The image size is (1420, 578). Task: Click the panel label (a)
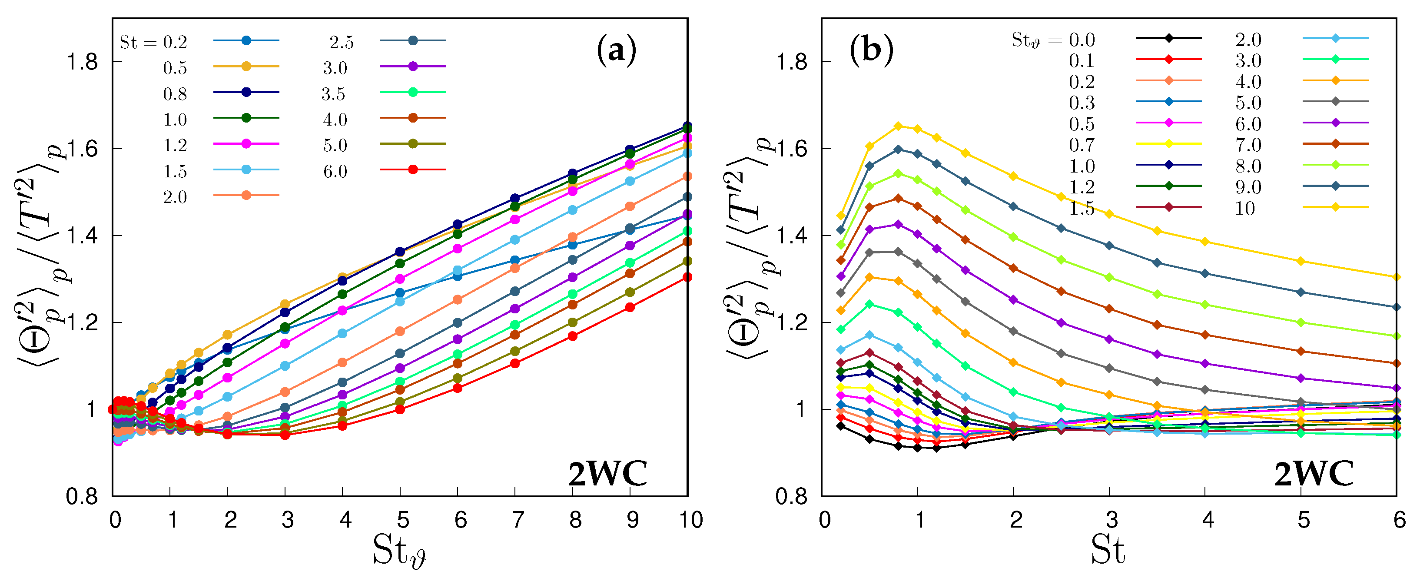pyautogui.click(x=616, y=51)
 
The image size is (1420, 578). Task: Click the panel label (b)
pyautogui.click(x=871, y=51)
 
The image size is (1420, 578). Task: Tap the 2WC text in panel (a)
pyautogui.click(x=607, y=473)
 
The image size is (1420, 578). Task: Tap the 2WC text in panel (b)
pyautogui.click(x=1314, y=473)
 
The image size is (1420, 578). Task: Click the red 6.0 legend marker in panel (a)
pyautogui.click(x=413, y=169)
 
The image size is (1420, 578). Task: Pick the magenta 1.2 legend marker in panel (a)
pyautogui.click(x=246, y=143)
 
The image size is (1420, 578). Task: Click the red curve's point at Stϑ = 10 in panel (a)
pyautogui.click(x=687, y=277)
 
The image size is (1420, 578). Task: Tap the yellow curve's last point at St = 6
pyautogui.click(x=1396, y=277)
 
